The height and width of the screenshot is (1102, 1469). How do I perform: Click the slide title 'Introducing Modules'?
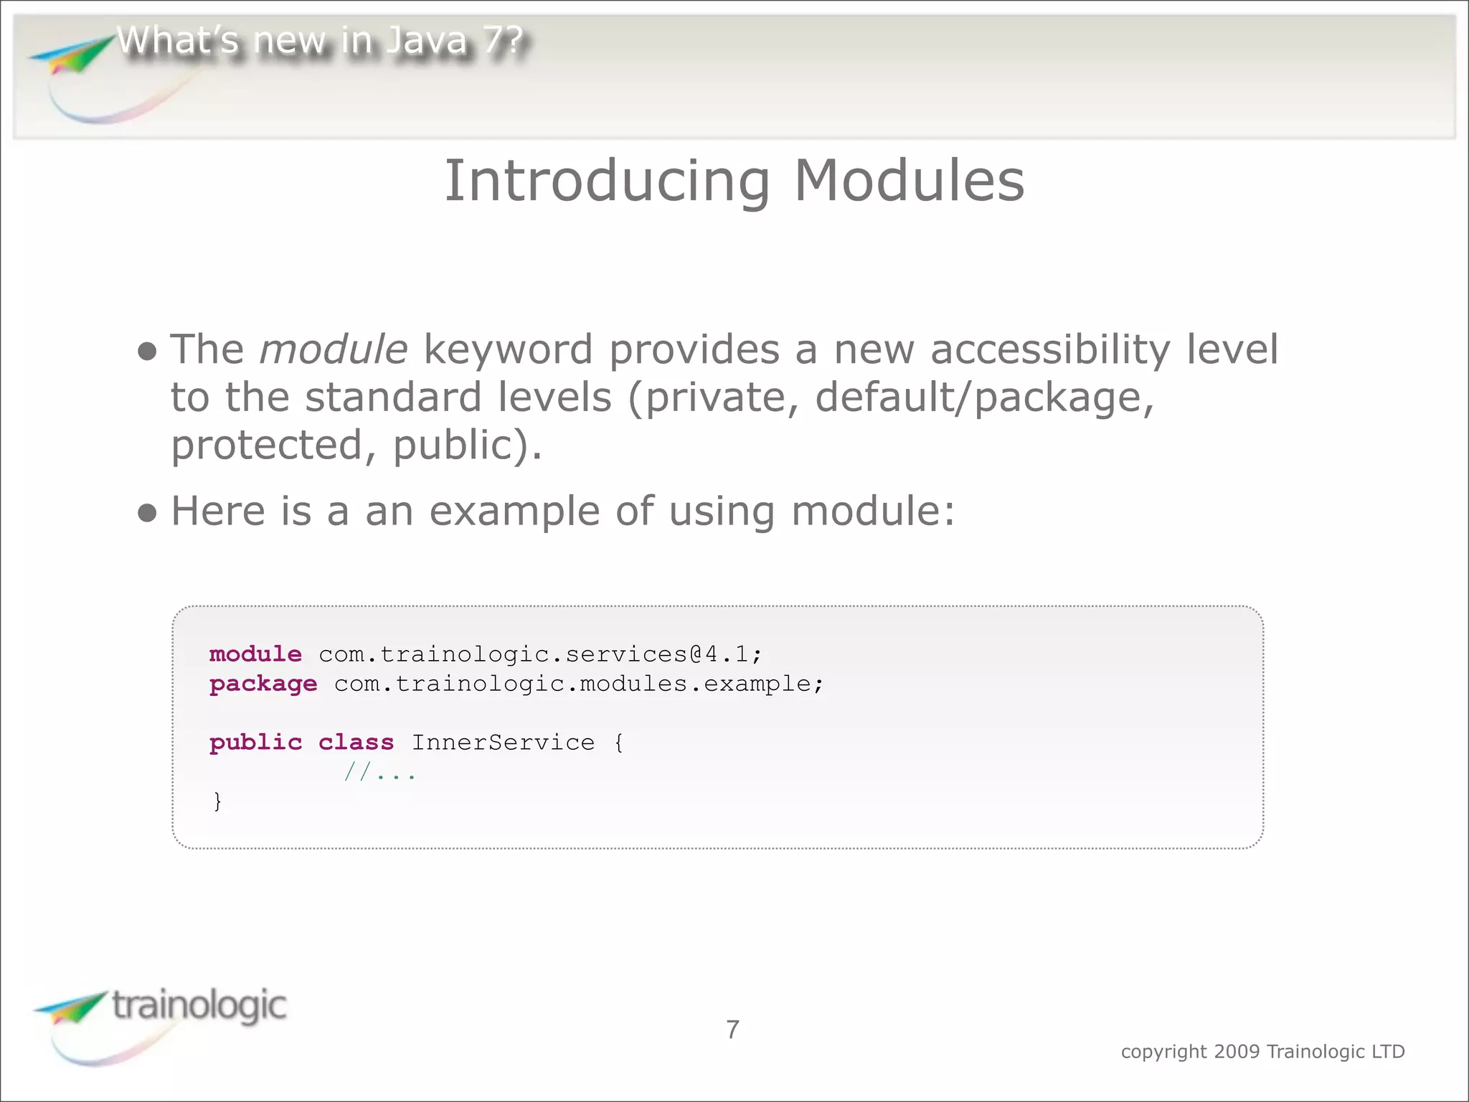(x=734, y=181)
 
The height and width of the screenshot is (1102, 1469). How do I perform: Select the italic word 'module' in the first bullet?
(x=334, y=350)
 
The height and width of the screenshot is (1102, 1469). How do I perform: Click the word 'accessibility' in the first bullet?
(x=1049, y=350)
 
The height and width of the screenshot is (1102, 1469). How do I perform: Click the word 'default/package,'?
(x=984, y=398)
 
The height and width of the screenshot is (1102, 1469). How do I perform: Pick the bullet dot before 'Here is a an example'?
(x=147, y=513)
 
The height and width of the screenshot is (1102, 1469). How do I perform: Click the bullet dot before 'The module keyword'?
(x=147, y=352)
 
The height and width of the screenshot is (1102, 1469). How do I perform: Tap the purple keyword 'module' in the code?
(x=255, y=654)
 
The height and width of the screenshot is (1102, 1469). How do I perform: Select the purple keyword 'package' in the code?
(x=263, y=684)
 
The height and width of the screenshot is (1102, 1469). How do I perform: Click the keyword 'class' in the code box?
(x=356, y=743)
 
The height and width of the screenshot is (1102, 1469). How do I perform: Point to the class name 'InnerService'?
(x=503, y=743)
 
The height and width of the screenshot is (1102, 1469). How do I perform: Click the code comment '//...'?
(x=379, y=773)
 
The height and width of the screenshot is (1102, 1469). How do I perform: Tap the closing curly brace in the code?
(x=217, y=801)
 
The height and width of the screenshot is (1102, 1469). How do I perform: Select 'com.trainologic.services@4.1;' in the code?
(x=540, y=654)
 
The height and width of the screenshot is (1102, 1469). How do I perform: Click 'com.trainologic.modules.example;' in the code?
(x=579, y=684)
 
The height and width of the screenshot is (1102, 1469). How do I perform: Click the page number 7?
(x=732, y=1030)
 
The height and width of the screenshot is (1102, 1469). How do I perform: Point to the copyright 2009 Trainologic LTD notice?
(x=1262, y=1052)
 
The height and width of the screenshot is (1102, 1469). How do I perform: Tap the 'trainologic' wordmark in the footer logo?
(x=199, y=1006)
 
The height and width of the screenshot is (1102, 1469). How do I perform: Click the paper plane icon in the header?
(x=72, y=56)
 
